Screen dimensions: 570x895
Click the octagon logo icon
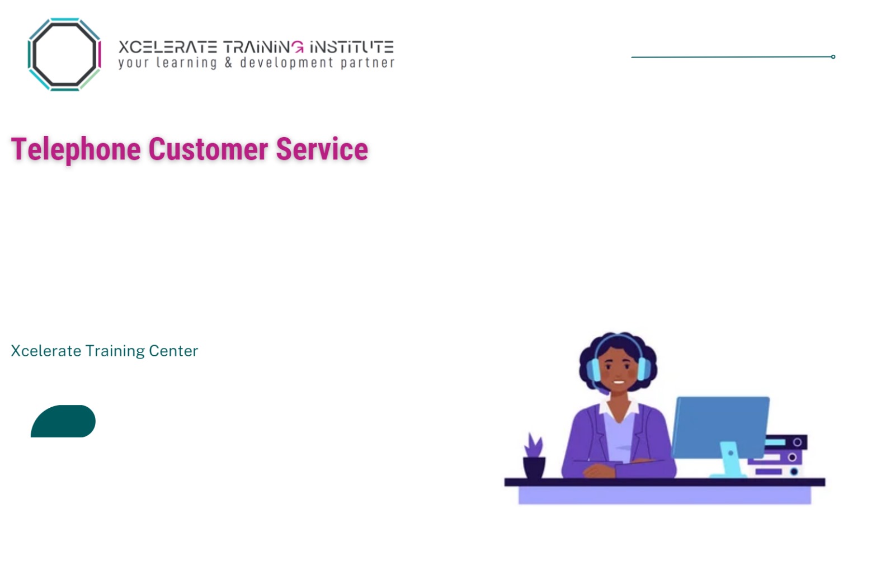click(x=64, y=54)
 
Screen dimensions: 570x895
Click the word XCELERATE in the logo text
click(x=167, y=47)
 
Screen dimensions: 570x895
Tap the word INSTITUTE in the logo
click(x=352, y=47)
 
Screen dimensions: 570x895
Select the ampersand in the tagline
click(x=228, y=62)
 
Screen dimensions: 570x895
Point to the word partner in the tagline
click(x=367, y=63)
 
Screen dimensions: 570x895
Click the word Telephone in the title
click(x=76, y=149)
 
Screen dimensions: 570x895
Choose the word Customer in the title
click(x=208, y=149)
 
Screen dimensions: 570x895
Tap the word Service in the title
click(x=322, y=149)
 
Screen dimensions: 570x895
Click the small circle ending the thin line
click(x=833, y=56)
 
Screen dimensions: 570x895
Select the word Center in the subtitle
click(x=173, y=351)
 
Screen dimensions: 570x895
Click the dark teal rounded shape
click(x=63, y=421)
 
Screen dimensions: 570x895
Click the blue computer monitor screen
click(x=720, y=425)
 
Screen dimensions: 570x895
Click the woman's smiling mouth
click(x=619, y=383)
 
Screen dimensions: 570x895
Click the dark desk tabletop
click(x=665, y=482)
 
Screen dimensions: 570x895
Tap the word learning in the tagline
click(x=186, y=63)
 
